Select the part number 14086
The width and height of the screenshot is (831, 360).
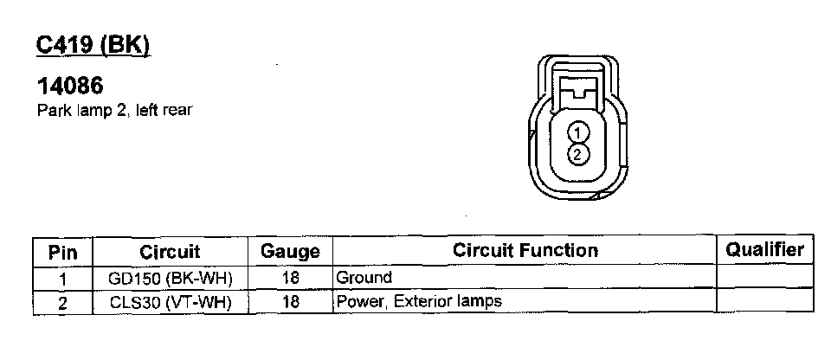70,87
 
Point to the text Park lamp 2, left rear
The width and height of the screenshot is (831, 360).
113,110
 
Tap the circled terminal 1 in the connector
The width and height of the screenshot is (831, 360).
579,132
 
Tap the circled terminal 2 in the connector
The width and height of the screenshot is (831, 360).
579,154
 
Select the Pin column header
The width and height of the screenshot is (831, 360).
63,252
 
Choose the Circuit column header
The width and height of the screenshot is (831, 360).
170,252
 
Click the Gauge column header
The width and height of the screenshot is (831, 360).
290,252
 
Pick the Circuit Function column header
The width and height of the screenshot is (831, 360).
525,250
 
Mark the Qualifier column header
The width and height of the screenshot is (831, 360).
764,250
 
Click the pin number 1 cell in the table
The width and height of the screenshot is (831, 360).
63,279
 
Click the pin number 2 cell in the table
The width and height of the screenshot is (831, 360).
63,302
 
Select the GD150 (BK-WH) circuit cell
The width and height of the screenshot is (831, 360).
170,279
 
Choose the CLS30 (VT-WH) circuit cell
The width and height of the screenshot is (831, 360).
170,302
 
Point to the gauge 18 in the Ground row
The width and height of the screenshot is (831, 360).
290,279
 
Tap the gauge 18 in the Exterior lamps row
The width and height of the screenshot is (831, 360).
290,302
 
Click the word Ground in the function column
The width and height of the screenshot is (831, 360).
364,278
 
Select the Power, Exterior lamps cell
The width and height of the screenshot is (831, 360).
419,301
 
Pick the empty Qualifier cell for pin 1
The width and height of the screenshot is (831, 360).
764,278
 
